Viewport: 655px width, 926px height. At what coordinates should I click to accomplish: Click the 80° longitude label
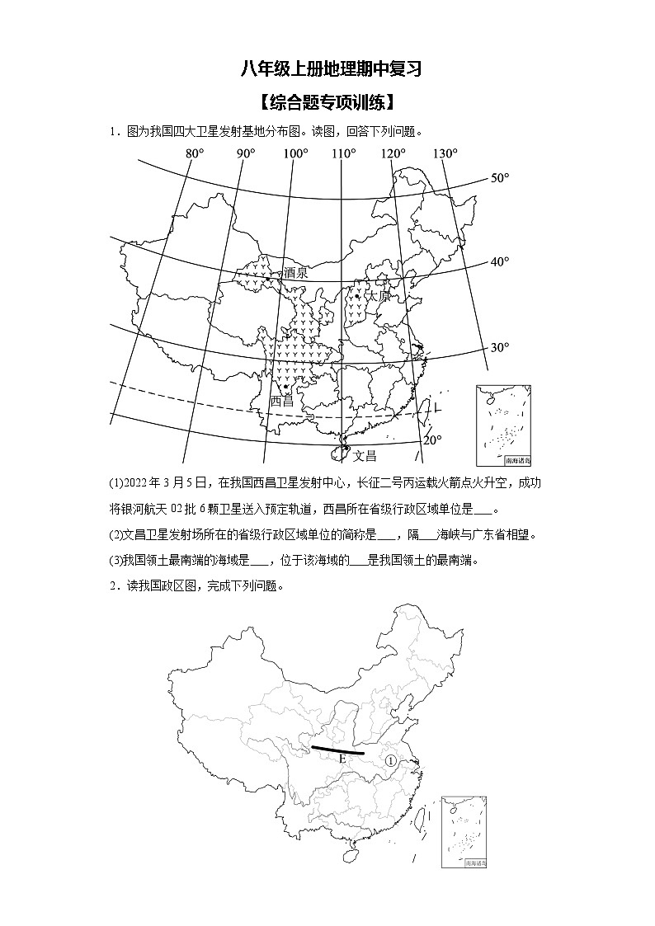click(x=195, y=153)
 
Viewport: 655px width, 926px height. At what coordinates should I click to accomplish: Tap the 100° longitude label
click(x=295, y=153)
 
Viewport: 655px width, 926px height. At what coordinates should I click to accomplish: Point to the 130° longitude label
click(x=445, y=153)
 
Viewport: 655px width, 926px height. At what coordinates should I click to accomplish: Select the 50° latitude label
click(x=501, y=178)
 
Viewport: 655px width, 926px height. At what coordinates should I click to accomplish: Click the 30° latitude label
click(x=500, y=347)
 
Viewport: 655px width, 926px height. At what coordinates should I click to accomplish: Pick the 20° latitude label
click(x=433, y=439)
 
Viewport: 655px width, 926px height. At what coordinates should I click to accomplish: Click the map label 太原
click(x=379, y=294)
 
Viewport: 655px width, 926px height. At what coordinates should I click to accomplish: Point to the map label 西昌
click(x=282, y=401)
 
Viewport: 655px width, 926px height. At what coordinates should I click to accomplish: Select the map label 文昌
click(x=364, y=455)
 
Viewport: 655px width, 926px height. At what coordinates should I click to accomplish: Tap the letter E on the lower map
click(x=341, y=759)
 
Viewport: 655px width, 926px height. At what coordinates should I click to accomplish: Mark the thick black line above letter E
click(x=337, y=750)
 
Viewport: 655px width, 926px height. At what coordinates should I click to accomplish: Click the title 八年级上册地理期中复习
click(x=331, y=69)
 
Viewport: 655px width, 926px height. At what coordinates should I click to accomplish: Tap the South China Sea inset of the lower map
click(x=464, y=831)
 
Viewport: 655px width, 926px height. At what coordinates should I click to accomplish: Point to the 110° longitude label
click(x=344, y=153)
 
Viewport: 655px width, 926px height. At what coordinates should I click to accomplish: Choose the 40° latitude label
click(x=500, y=261)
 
